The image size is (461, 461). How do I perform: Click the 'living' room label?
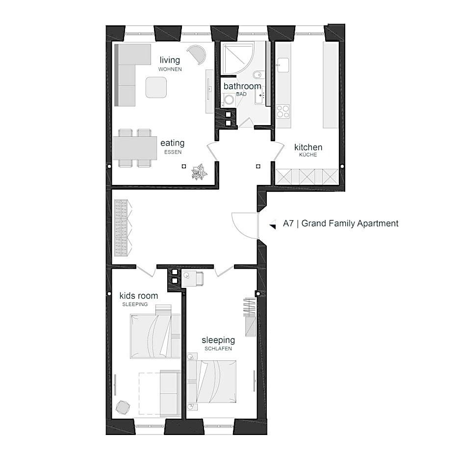[x=170, y=60]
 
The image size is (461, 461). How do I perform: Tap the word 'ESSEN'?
[x=173, y=152]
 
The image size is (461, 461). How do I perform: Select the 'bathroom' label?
[x=242, y=86]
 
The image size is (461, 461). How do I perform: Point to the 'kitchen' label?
[x=308, y=147]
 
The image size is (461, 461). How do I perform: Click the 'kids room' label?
[x=138, y=295]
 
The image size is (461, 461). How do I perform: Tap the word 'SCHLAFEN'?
[x=218, y=349]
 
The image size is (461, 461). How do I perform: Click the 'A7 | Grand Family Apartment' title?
[x=340, y=224]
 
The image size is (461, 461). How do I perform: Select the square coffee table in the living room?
[x=156, y=87]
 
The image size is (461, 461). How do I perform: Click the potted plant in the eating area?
[x=199, y=172]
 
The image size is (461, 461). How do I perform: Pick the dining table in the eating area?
[x=135, y=148]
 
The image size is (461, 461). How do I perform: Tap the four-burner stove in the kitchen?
[x=283, y=112]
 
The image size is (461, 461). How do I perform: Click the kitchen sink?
[x=283, y=65]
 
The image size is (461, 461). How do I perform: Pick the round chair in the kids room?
[x=123, y=407]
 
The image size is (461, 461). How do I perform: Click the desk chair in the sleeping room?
[x=200, y=279]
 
